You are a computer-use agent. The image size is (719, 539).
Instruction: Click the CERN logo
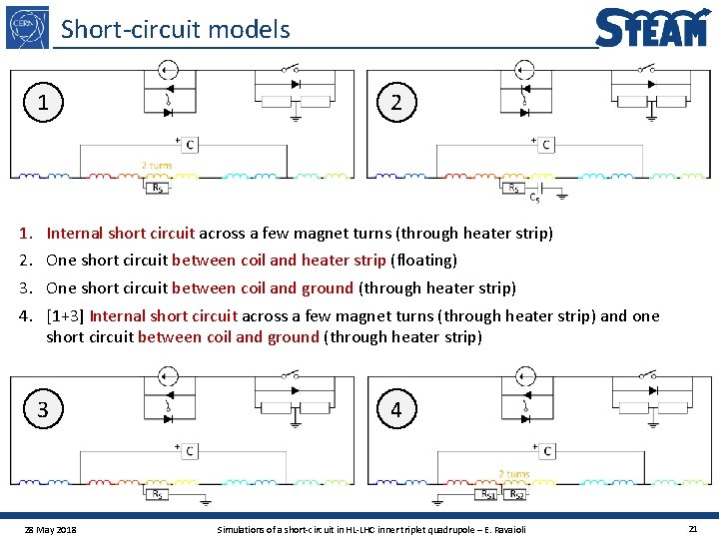coord(28,26)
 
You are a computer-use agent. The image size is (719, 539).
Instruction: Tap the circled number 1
coord(42,102)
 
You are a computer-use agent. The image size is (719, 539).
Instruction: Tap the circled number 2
coord(396,102)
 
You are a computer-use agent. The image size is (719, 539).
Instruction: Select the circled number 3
coord(42,409)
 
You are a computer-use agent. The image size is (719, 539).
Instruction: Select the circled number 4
coord(396,409)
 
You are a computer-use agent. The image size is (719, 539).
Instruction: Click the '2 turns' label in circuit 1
coord(157,166)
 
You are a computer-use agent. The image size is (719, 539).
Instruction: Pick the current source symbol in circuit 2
coord(524,69)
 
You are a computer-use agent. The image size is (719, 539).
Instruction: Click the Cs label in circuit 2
coord(535,198)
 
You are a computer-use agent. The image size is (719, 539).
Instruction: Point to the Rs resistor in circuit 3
coord(157,493)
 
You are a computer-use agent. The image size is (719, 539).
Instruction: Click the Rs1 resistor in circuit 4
coord(488,493)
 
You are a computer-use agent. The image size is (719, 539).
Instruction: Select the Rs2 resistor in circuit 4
coord(515,493)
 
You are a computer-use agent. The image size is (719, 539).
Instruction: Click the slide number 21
coord(692,528)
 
